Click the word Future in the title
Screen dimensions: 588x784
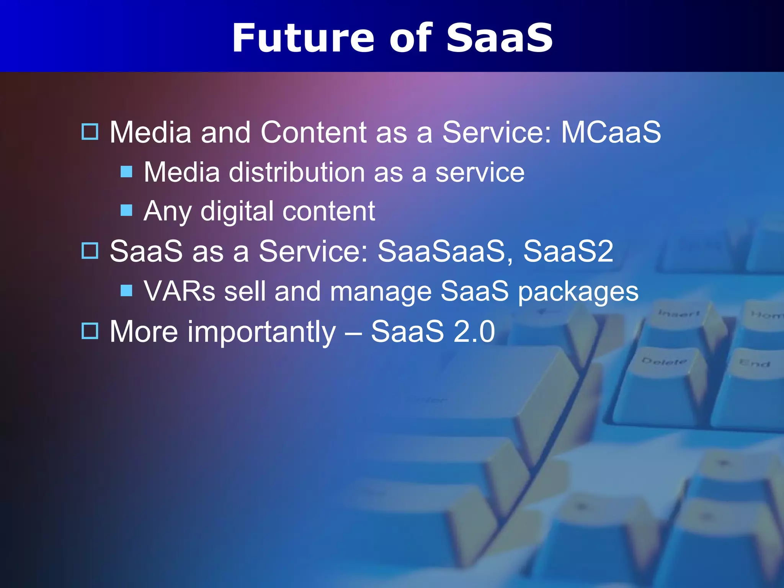coord(303,38)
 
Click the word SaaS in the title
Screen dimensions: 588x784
coord(499,38)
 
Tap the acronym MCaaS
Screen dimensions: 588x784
coord(611,132)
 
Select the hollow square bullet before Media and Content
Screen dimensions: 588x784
coord(90,132)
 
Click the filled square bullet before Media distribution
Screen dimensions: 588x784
coord(126,171)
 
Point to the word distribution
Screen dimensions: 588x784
coord(297,172)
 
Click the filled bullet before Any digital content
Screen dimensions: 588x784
coord(126,210)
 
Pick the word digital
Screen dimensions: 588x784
coord(237,211)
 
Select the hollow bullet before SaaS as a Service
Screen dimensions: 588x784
coord(90,251)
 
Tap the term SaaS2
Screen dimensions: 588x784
coord(568,252)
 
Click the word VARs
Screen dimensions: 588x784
coord(180,291)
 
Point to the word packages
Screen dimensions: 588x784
coord(578,292)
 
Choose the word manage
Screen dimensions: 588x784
coord(381,292)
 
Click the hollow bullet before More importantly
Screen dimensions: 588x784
coord(90,331)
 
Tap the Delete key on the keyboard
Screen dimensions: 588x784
coord(664,362)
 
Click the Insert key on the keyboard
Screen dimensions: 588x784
coord(678,314)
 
